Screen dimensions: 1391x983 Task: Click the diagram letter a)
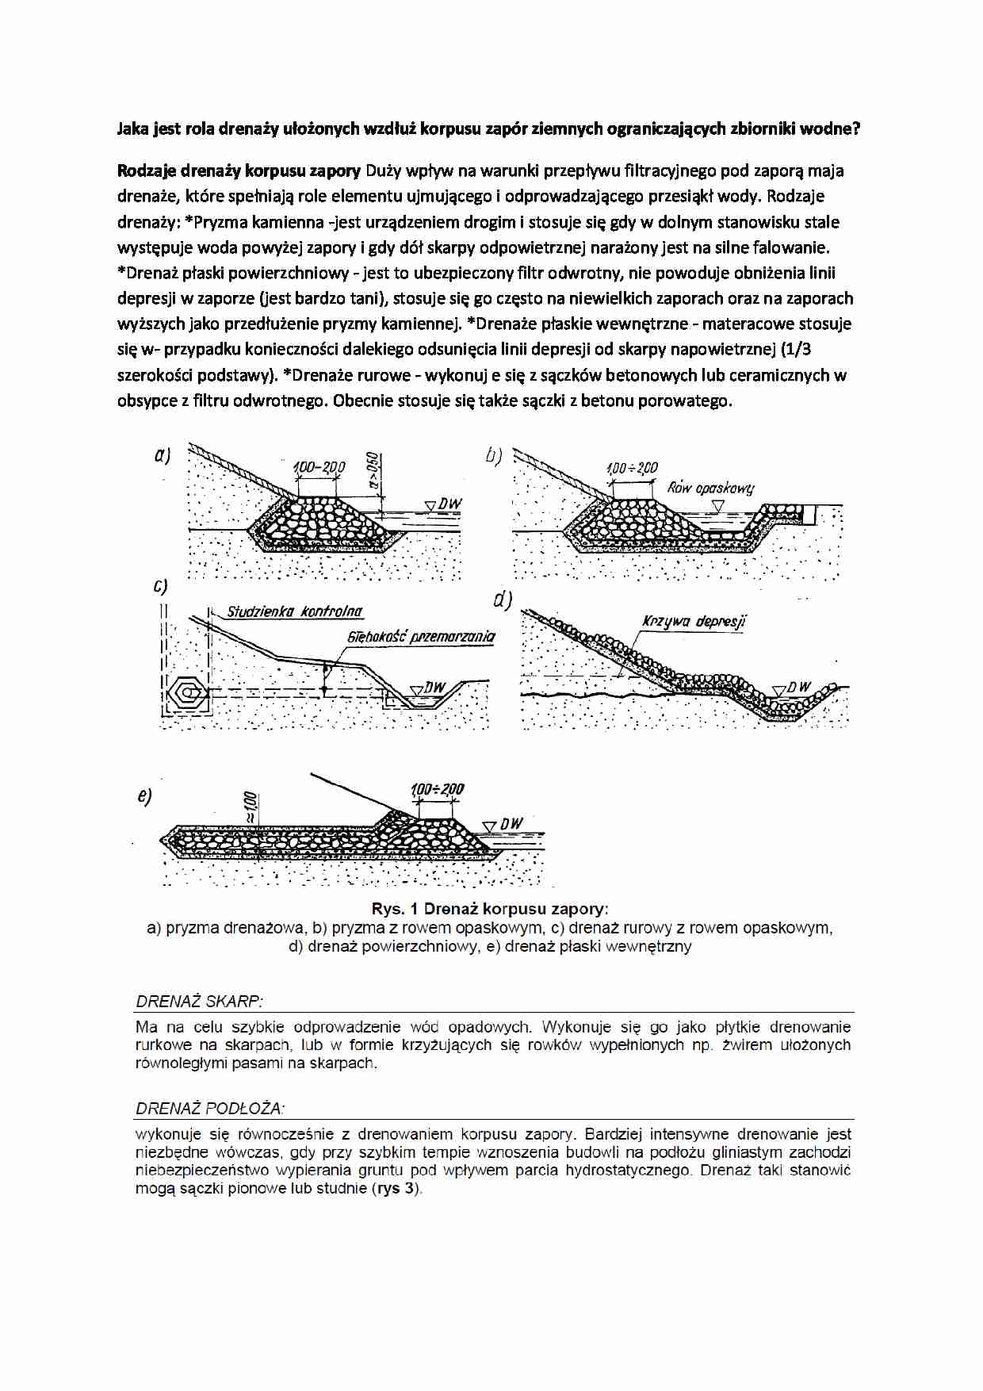(162, 455)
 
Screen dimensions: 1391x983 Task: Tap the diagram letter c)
(160, 586)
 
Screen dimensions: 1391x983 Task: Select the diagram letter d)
(503, 600)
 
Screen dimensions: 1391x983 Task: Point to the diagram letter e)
(143, 796)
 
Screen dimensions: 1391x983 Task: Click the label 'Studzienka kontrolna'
(294, 611)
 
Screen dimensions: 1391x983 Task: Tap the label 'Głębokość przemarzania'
(420, 636)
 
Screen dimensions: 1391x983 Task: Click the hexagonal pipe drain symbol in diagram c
(189, 692)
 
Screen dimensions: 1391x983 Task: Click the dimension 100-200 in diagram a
(319, 466)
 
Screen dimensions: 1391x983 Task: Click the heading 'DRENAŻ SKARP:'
(199, 1001)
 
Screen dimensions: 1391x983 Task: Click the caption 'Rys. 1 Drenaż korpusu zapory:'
(490, 909)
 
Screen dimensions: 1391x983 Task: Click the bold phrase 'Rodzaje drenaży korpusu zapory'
(239, 171)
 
